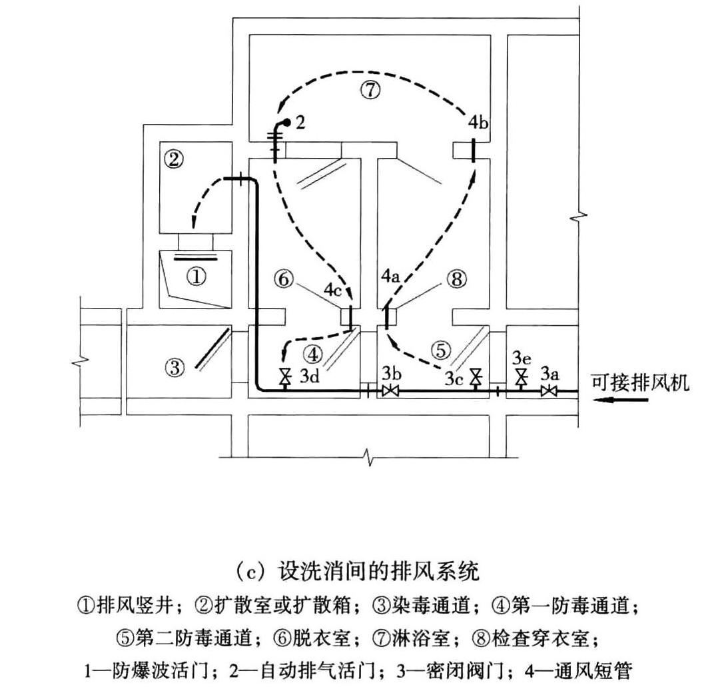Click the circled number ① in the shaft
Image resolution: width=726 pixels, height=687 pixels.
pyautogui.click(x=196, y=277)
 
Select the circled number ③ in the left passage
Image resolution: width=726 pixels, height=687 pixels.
pyautogui.click(x=175, y=368)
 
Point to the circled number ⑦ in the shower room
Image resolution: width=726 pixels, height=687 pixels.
pyautogui.click(x=370, y=90)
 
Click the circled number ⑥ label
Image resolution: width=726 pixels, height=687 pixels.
pyautogui.click(x=283, y=279)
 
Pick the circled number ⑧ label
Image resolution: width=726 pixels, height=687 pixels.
pyautogui.click(x=457, y=279)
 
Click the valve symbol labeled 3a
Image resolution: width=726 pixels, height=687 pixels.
pyautogui.click(x=549, y=391)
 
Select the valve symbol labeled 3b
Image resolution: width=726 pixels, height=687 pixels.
pyautogui.click(x=390, y=391)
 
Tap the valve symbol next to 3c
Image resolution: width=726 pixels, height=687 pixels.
pyautogui.click(x=475, y=378)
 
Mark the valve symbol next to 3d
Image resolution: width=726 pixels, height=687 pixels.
pyautogui.click(x=285, y=378)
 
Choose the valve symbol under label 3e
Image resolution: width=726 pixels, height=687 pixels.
pyautogui.click(x=522, y=378)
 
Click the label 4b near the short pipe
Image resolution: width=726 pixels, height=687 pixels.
pyautogui.click(x=478, y=123)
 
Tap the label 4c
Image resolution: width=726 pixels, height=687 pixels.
pyautogui.click(x=332, y=291)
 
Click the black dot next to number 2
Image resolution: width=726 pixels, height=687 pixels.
pyautogui.click(x=287, y=123)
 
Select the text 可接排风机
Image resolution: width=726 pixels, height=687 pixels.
pyautogui.click(x=640, y=382)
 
